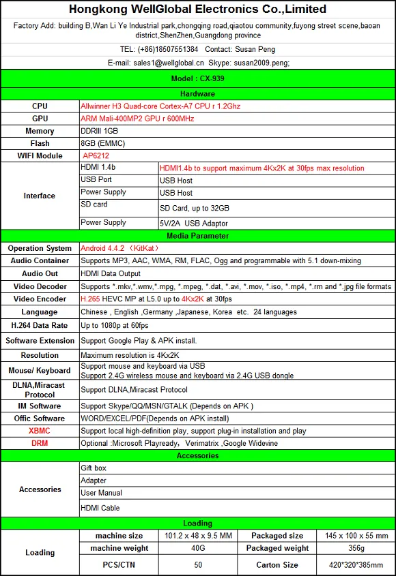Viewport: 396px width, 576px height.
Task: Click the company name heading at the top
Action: tap(198, 10)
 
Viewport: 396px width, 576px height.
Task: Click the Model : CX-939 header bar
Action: tap(198, 79)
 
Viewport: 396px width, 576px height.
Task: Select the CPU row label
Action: tap(40, 106)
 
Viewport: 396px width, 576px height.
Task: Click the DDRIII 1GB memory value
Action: tap(100, 131)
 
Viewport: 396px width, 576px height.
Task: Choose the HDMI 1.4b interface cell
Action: tap(98, 167)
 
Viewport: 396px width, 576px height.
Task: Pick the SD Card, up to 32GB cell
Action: tap(195, 208)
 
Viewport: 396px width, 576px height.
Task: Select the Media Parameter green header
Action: tap(198, 236)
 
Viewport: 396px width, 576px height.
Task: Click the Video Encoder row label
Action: tap(40, 299)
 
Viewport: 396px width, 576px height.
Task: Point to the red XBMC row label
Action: tap(40, 431)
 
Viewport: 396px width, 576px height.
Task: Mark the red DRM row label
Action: tap(40, 443)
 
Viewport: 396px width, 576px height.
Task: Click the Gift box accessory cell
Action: tap(94, 468)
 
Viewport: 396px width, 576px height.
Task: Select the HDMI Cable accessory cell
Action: tap(100, 508)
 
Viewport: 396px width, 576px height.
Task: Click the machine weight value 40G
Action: tap(198, 549)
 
